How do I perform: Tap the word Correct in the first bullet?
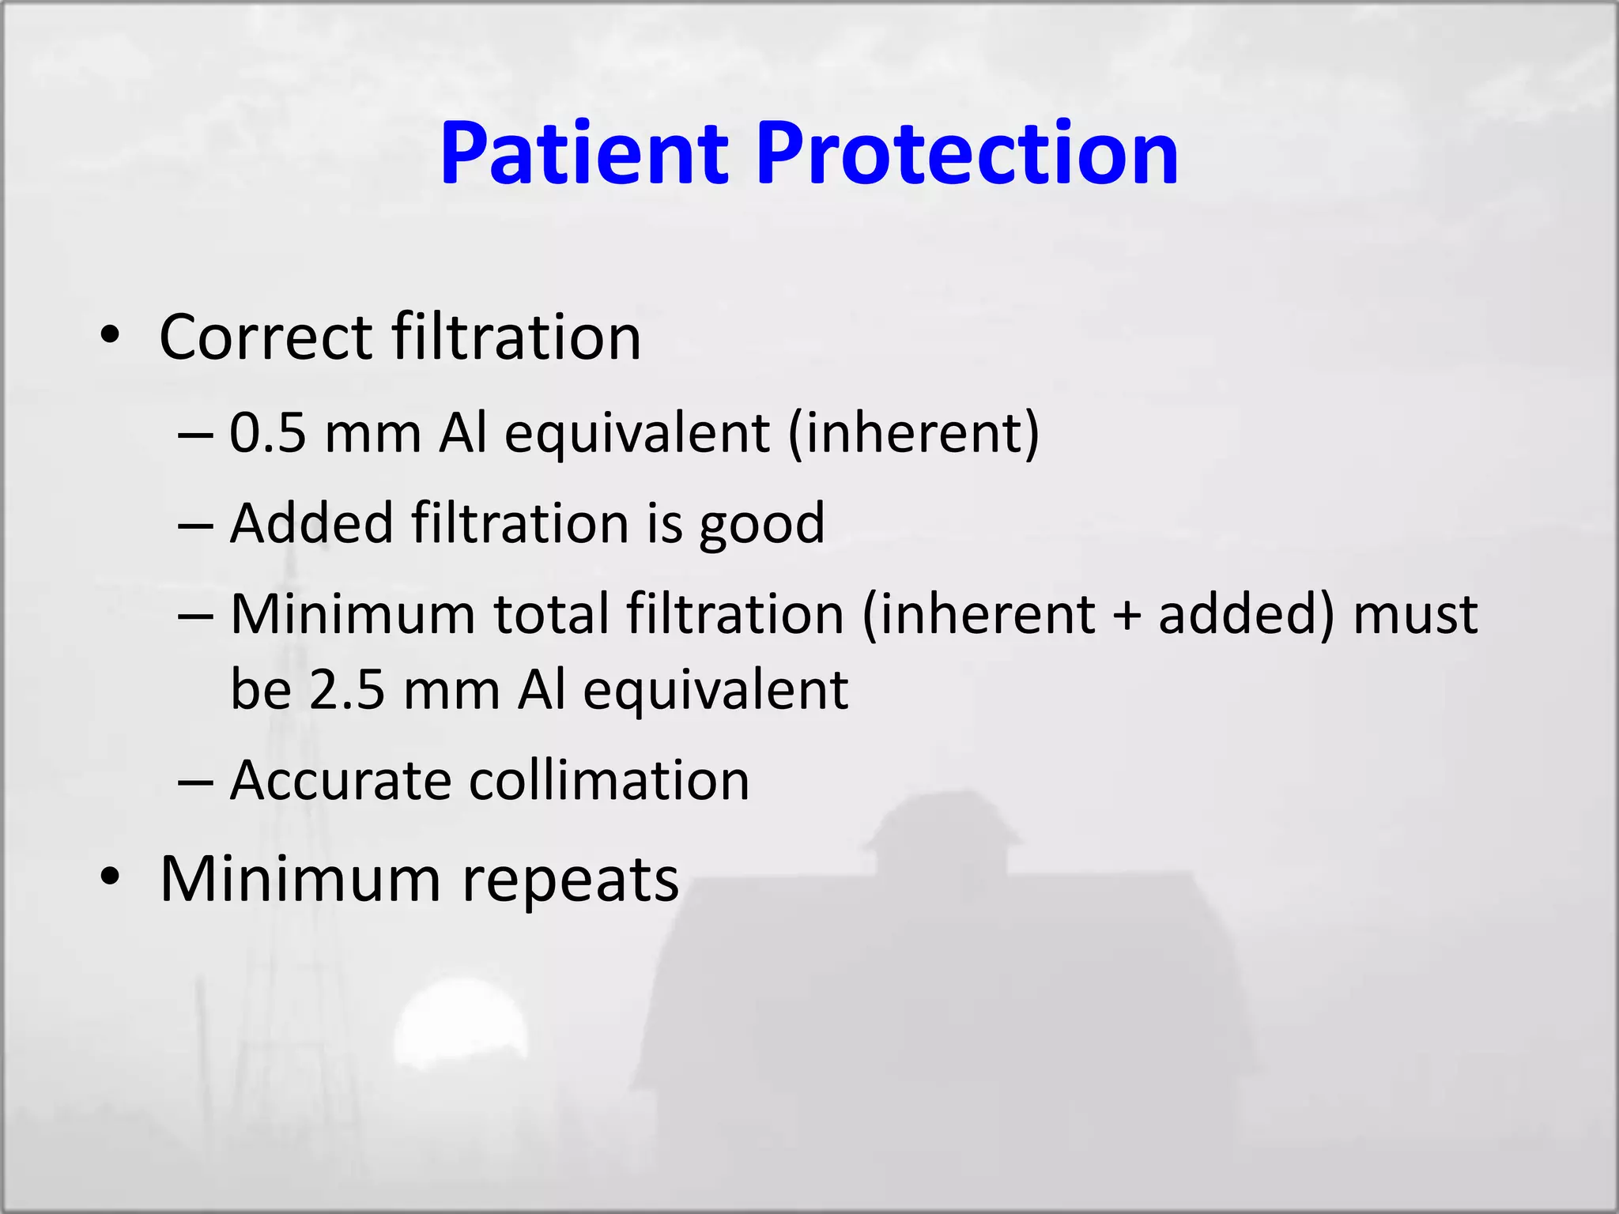pyautogui.click(x=266, y=337)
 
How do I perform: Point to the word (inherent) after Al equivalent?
pyautogui.click(x=914, y=434)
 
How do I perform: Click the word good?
pyautogui.click(x=761, y=524)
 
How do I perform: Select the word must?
pyautogui.click(x=1415, y=614)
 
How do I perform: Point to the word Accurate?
pyautogui.click(x=341, y=781)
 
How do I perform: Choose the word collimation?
pyautogui.click(x=609, y=781)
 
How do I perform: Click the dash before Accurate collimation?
pyautogui.click(x=196, y=782)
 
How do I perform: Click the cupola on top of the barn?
pyautogui.click(x=941, y=830)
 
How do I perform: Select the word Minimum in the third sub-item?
pyautogui.click(x=353, y=614)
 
